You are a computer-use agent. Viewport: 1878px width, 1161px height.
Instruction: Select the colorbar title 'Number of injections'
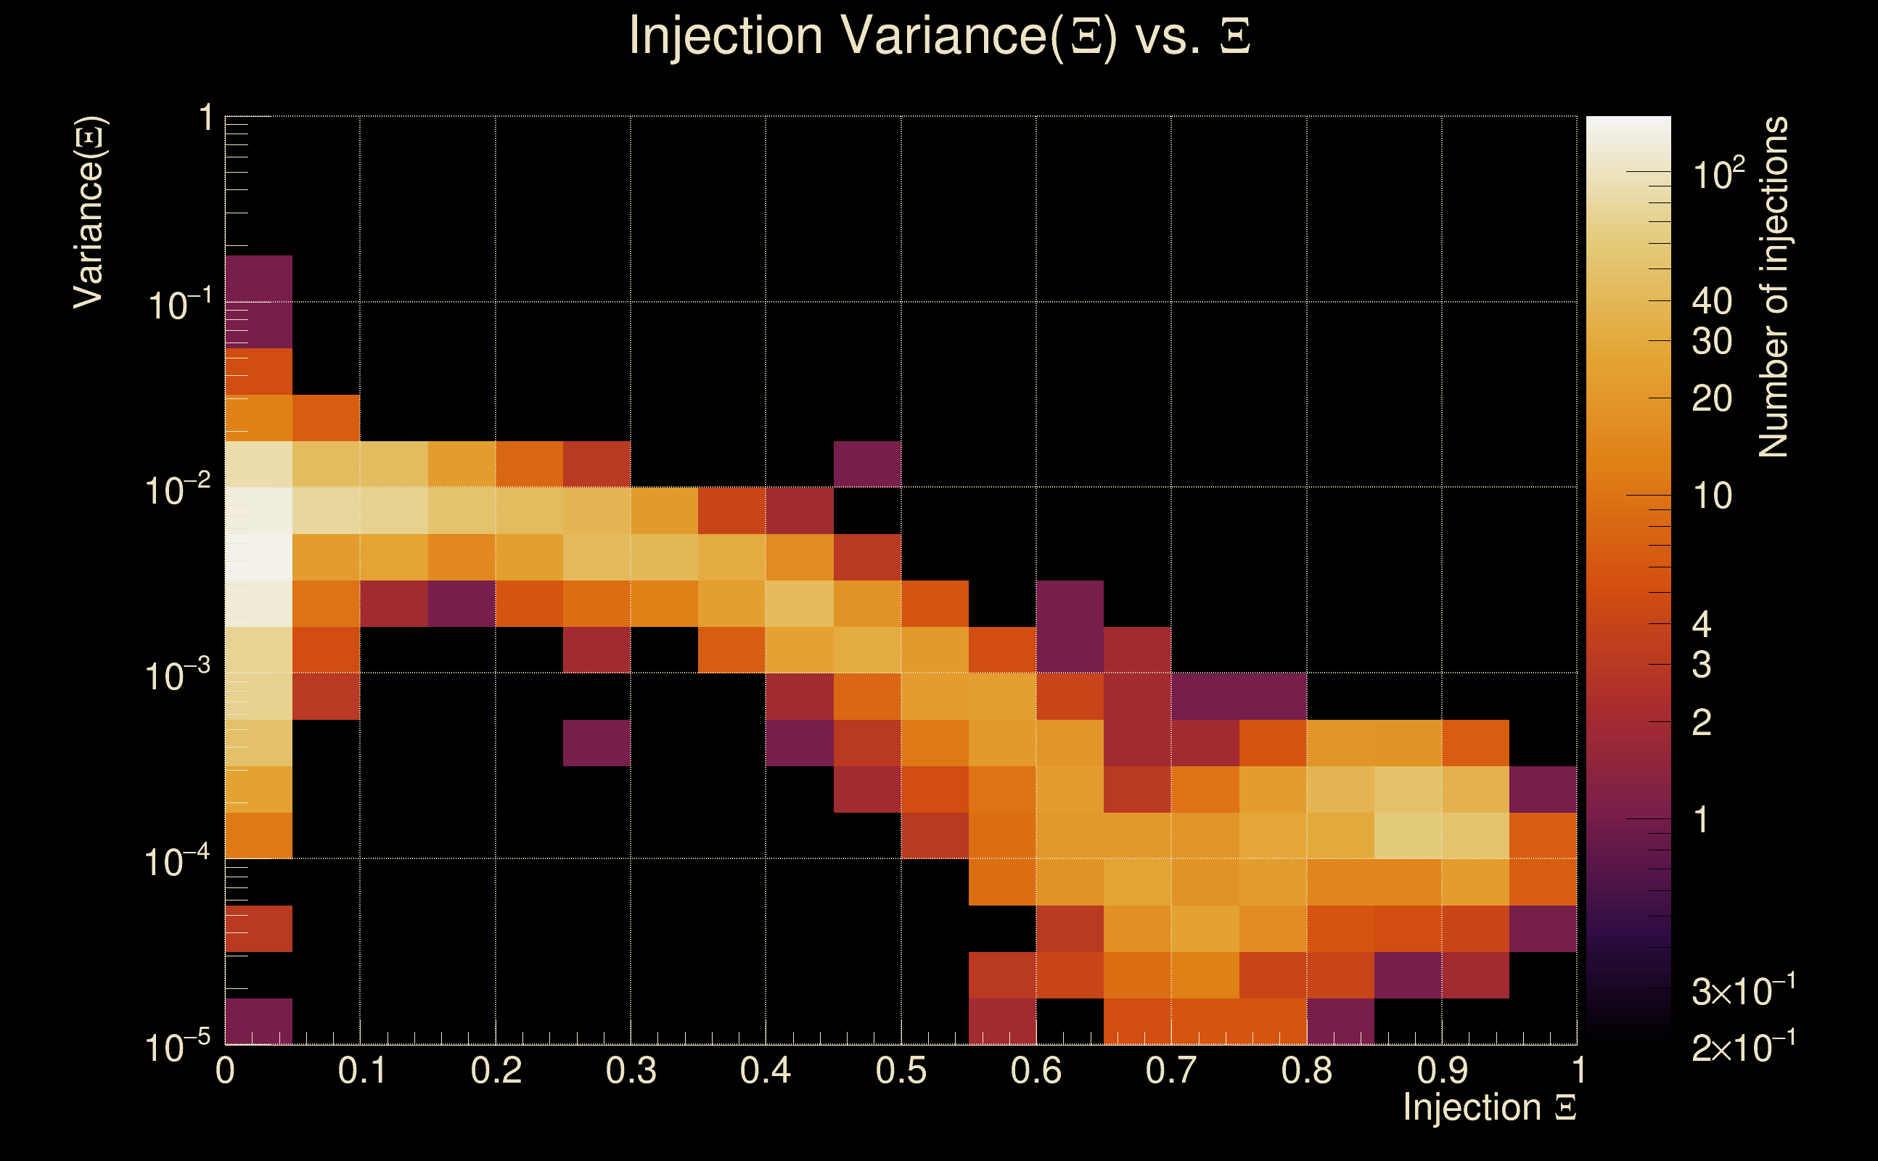pyautogui.click(x=1774, y=287)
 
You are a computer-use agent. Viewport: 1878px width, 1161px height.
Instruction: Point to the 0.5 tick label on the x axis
pyautogui.click(x=901, y=1071)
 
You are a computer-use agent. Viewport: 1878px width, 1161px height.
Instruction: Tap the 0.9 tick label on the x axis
pyautogui.click(x=1442, y=1071)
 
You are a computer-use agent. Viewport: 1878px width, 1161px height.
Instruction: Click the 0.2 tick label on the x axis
pyautogui.click(x=496, y=1071)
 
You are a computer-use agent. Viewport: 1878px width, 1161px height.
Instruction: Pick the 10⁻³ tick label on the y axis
pyautogui.click(x=177, y=676)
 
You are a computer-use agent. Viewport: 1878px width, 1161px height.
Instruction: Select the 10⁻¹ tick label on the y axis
pyautogui.click(x=177, y=304)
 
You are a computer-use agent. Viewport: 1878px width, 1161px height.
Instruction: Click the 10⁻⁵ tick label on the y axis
pyautogui.click(x=177, y=1046)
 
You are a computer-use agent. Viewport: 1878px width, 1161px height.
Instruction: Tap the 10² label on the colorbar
pyautogui.click(x=1718, y=173)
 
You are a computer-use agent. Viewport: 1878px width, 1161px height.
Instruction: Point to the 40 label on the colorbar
pyautogui.click(x=1711, y=301)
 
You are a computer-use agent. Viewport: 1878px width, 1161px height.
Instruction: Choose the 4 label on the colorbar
pyautogui.click(x=1702, y=624)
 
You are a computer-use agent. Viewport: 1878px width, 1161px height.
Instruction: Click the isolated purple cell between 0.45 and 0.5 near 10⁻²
pyautogui.click(x=867, y=464)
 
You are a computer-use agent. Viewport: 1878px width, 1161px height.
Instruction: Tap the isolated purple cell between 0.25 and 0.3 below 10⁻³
pyautogui.click(x=596, y=742)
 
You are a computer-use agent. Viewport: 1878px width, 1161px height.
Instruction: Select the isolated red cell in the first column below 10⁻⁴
pyautogui.click(x=259, y=928)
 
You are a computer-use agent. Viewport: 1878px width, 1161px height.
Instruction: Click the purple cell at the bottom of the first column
pyautogui.click(x=259, y=1021)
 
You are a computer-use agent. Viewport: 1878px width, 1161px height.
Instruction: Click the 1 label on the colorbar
pyautogui.click(x=1702, y=820)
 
